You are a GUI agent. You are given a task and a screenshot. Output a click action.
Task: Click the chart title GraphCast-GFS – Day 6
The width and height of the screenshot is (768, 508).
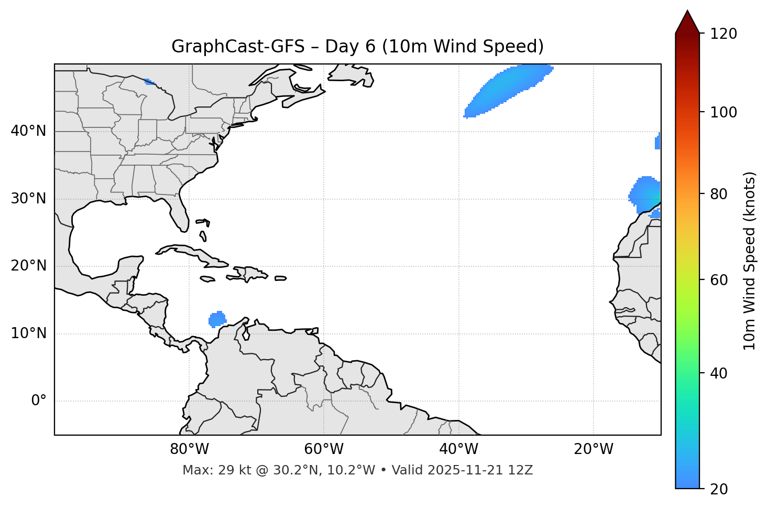[357, 47]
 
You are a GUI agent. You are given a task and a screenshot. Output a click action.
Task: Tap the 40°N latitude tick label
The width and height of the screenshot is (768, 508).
[28, 131]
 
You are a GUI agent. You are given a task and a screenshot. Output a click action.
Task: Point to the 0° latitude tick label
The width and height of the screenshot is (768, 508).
[39, 401]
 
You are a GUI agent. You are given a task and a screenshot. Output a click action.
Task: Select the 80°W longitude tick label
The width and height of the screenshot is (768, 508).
[189, 449]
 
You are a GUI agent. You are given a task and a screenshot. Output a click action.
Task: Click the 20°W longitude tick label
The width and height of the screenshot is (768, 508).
[594, 449]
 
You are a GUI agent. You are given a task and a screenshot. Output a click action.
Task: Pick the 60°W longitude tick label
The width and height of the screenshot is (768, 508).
[324, 449]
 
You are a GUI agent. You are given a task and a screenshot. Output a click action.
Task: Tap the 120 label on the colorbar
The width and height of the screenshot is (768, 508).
[723, 34]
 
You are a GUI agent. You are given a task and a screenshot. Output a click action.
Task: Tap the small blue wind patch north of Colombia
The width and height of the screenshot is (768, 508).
[217, 319]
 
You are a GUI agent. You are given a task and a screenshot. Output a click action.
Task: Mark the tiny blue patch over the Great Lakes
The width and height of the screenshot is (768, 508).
[149, 81]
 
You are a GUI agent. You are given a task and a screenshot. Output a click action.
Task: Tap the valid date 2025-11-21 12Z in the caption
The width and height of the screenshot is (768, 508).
[480, 470]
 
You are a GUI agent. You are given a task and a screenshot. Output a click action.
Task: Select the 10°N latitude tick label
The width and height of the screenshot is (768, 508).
[28, 333]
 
